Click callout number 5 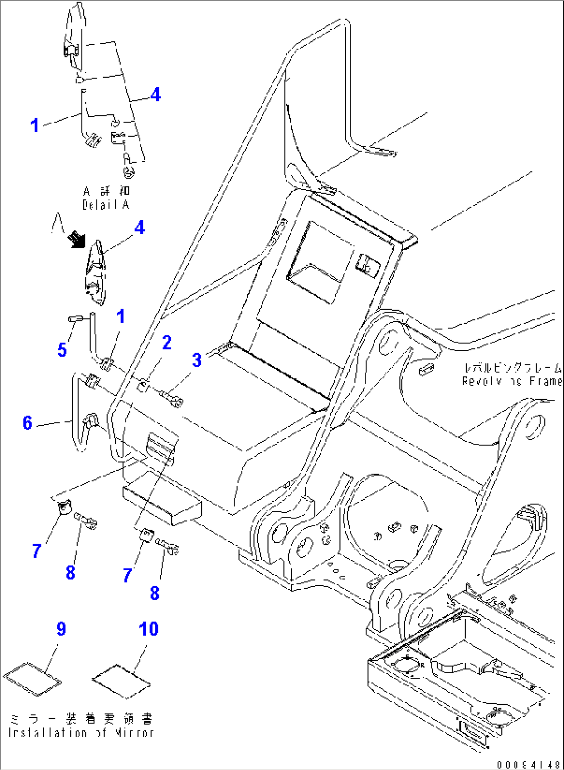62,350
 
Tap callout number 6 28,423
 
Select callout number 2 167,343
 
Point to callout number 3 197,360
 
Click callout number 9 61,629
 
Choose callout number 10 149,629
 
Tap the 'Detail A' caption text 106,205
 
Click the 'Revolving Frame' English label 511,381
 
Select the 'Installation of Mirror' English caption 81,732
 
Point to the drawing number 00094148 528,764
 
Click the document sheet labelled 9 32,678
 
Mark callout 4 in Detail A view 155,94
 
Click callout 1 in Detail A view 34,125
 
